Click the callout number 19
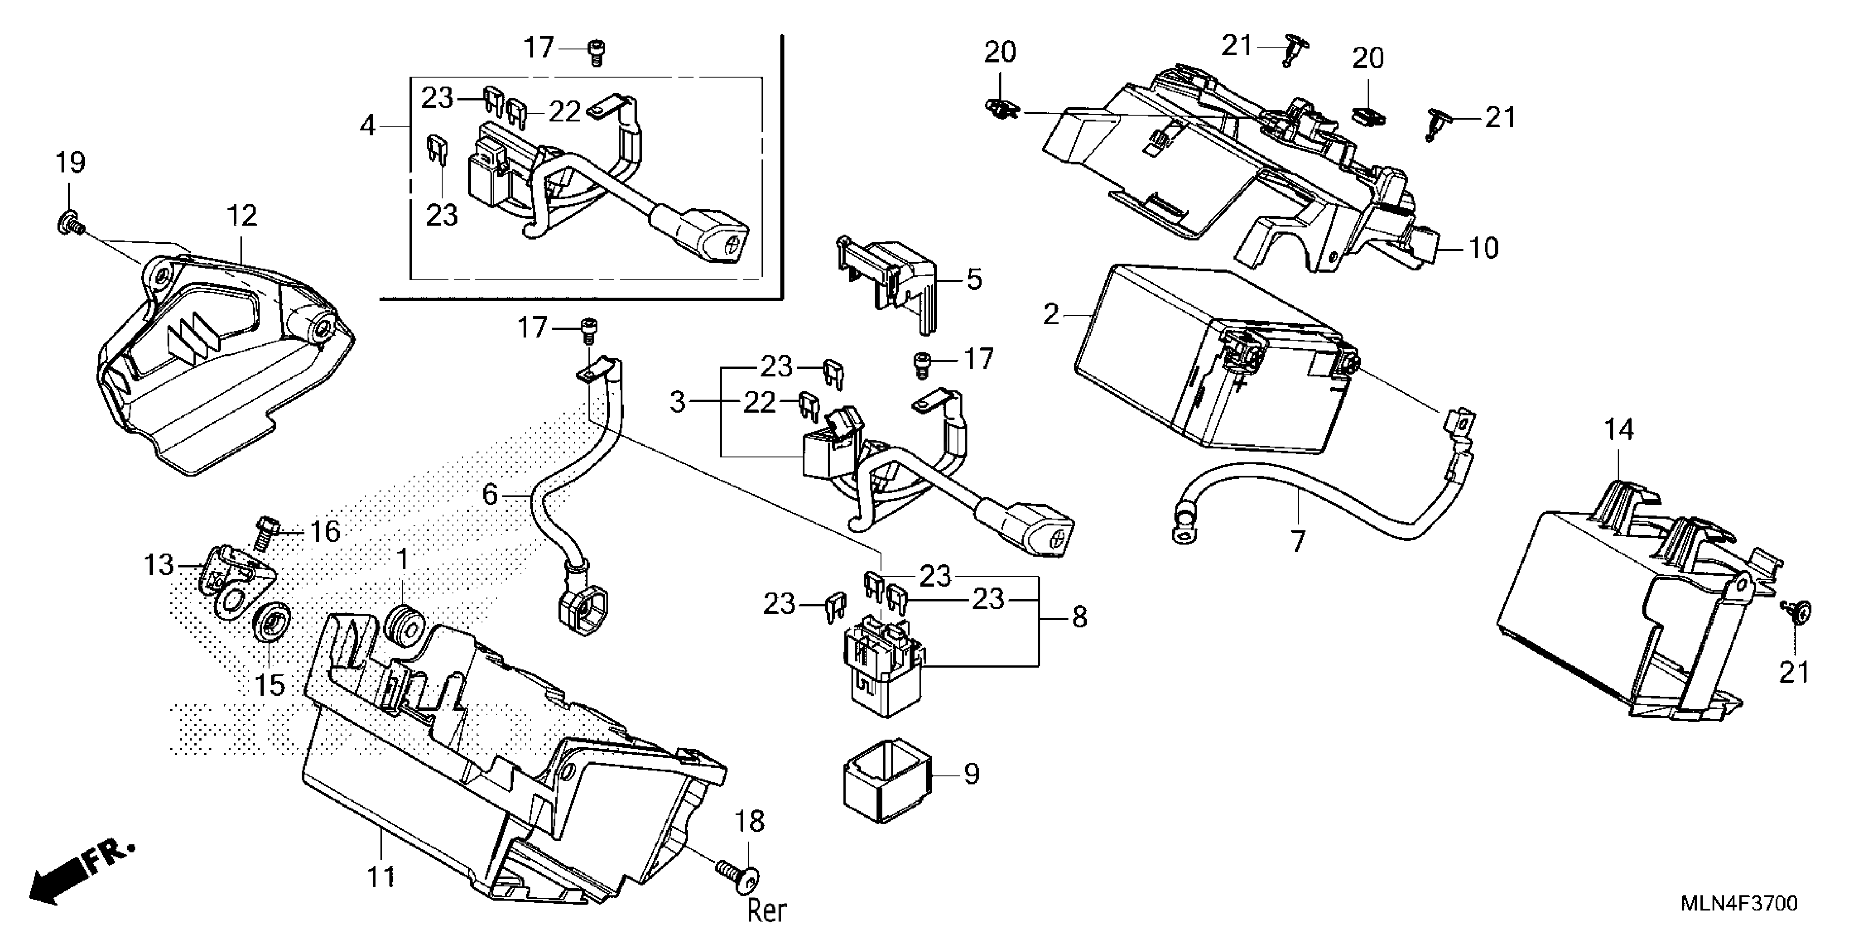70,163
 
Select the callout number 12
242,216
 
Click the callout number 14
1619,430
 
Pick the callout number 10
1483,249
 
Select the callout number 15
270,685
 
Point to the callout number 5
974,279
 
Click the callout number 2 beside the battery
1050,315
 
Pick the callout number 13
159,564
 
